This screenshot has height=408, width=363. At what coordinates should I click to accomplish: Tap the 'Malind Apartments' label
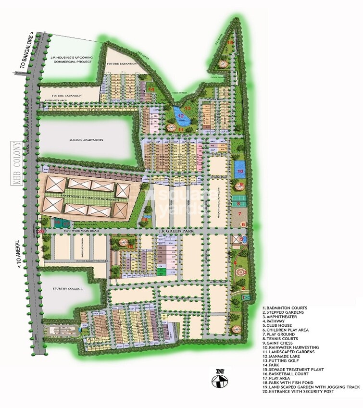pyautogui.click(x=86, y=140)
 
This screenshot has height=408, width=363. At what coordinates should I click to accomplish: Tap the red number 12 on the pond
pyautogui.click(x=180, y=116)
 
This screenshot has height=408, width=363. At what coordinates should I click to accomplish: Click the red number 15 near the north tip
pyautogui.click(x=230, y=43)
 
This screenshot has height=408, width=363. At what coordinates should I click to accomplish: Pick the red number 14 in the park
pyautogui.click(x=151, y=89)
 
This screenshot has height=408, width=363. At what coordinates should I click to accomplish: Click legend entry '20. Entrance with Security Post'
pyautogui.click(x=302, y=392)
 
